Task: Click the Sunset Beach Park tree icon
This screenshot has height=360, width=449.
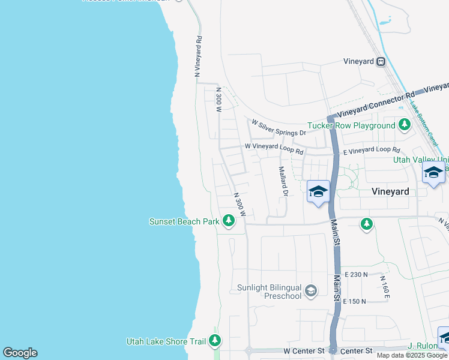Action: (228, 221)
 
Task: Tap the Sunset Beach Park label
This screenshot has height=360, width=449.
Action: (184, 221)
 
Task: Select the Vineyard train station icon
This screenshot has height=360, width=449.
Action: (381, 61)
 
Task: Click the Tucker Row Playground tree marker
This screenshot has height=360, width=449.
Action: (405, 125)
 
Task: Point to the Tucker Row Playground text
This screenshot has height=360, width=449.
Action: (351, 126)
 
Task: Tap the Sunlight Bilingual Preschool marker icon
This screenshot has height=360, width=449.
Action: (310, 291)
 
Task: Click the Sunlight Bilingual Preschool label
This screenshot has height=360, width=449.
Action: (268, 292)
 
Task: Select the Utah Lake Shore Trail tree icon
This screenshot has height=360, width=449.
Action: (215, 341)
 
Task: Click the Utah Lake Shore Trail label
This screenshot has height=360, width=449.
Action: (166, 341)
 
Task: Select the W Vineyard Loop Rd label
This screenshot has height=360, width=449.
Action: (273, 148)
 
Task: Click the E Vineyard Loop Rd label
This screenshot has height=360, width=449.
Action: (372, 150)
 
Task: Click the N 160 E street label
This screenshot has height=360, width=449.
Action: (385, 287)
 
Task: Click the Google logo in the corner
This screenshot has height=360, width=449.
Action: (20, 353)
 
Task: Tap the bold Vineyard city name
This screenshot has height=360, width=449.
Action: (390, 191)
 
